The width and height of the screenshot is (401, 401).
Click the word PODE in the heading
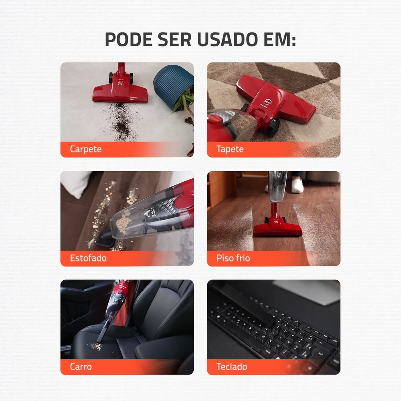(x=129, y=39)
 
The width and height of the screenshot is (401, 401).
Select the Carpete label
(x=86, y=149)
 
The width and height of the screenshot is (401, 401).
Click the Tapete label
(x=230, y=149)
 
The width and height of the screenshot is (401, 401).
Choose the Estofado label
(x=88, y=258)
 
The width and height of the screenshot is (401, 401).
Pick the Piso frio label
(x=233, y=258)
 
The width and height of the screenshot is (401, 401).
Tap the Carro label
(x=81, y=367)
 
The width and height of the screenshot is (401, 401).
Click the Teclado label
(x=232, y=367)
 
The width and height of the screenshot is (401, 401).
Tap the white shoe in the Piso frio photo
(x=297, y=185)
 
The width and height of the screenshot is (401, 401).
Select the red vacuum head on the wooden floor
(x=278, y=228)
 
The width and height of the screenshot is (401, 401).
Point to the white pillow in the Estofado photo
(x=75, y=183)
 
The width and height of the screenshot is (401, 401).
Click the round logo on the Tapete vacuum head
(x=267, y=103)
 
